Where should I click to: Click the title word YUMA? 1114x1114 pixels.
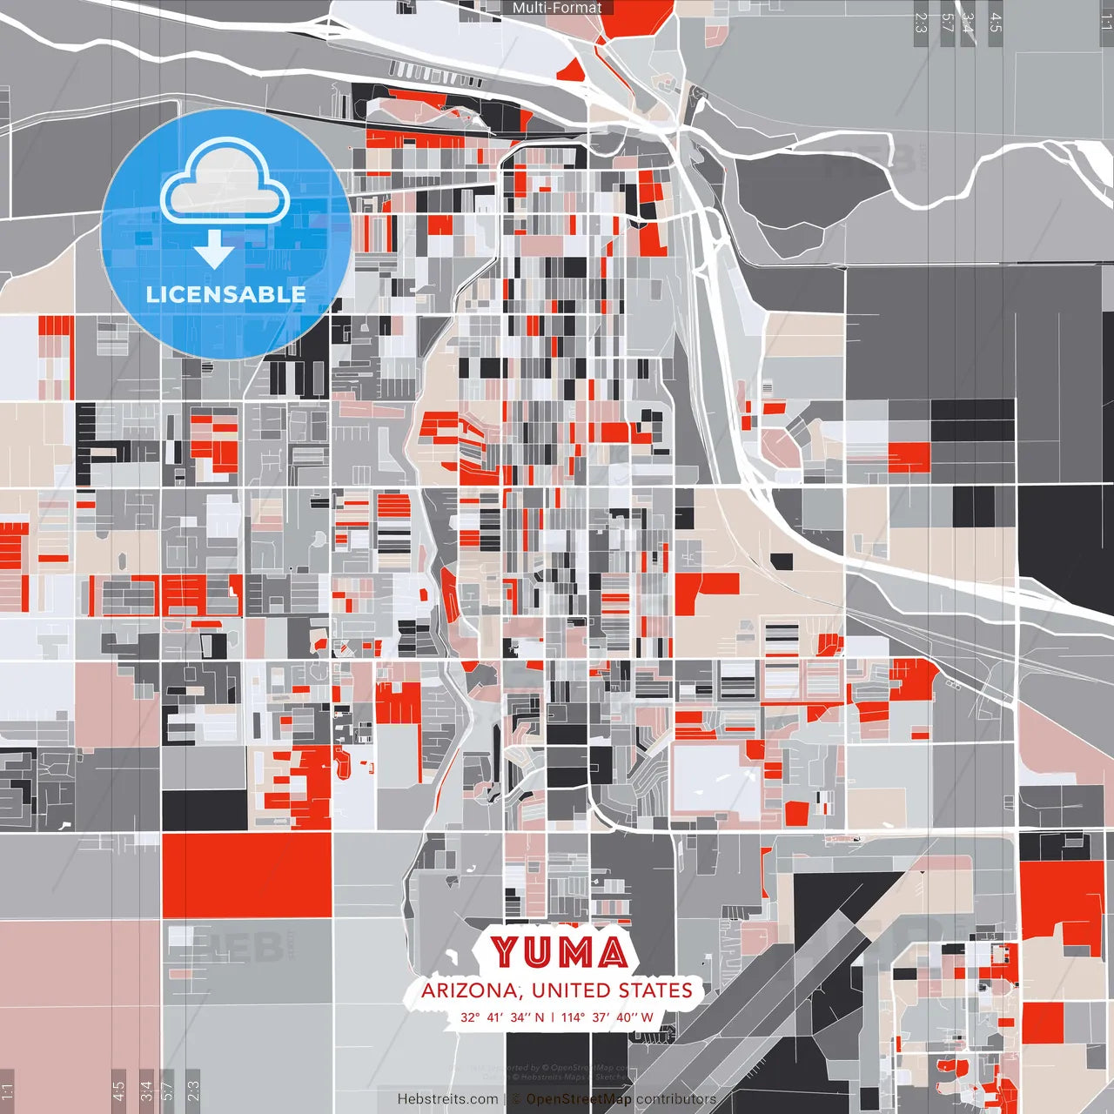559,952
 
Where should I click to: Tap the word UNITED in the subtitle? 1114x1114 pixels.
571,990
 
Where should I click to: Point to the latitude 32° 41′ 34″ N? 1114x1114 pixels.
502,1017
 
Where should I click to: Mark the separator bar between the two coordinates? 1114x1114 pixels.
553,1017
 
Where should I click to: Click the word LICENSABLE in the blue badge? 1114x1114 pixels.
225,294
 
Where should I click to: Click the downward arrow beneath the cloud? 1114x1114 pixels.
214,249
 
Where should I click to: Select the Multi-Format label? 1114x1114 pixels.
557,8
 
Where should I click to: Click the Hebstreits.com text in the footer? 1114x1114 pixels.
447,1099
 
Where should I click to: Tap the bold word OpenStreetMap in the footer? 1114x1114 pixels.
579,1099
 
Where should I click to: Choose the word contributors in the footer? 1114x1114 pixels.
675,1099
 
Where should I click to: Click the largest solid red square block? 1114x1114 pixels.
246,875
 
